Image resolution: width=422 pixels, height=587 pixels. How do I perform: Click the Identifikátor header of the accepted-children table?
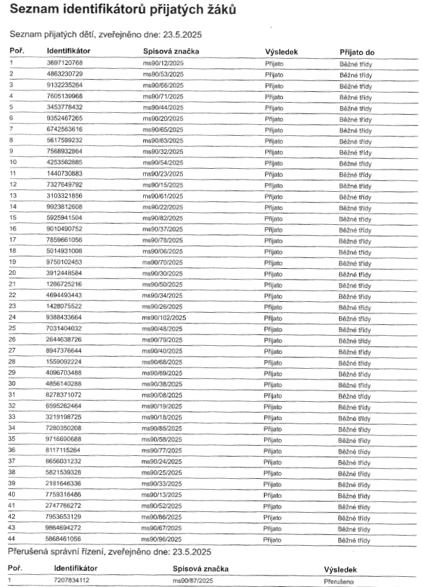click(68, 51)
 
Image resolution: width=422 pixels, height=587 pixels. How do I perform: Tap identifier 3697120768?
click(64, 63)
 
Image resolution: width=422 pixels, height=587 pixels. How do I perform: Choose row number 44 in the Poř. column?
click(11, 540)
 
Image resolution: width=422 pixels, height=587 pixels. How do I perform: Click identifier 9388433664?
click(64, 317)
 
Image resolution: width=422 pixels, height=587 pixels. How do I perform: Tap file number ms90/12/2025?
click(163, 63)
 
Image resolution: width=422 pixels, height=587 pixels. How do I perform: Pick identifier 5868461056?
click(64, 540)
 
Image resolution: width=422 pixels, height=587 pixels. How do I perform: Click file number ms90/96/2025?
click(163, 540)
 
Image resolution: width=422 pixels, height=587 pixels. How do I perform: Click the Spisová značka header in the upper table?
click(171, 51)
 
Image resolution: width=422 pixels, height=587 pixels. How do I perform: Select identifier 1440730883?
click(64, 174)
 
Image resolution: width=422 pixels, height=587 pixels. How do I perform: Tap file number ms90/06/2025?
click(163, 251)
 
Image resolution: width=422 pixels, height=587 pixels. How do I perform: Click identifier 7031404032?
click(64, 328)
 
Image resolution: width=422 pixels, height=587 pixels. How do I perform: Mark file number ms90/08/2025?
click(163, 394)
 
